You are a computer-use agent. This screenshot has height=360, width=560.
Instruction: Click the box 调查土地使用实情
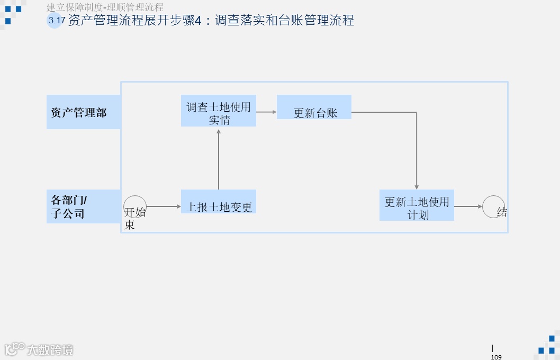(x=218, y=111)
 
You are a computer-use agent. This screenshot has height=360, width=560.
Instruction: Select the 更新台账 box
(x=314, y=107)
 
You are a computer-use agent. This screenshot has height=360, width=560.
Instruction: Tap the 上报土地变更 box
(x=218, y=202)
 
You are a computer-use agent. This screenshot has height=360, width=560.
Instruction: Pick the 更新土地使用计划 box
(x=417, y=205)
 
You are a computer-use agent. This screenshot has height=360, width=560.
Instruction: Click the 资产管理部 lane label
(x=83, y=112)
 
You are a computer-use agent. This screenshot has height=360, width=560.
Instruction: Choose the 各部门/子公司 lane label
(x=83, y=206)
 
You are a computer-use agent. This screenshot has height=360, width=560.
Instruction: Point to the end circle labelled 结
(x=493, y=206)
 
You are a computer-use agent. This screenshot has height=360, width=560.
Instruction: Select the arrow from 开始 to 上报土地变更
(x=164, y=206)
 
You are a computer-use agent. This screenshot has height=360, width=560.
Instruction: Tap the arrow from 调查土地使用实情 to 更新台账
(x=266, y=112)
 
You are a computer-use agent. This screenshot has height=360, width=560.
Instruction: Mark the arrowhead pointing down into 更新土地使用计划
(x=417, y=186)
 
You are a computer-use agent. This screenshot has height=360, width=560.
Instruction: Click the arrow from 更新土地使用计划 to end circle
(x=468, y=206)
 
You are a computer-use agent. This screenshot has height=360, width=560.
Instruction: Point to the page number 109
(x=496, y=357)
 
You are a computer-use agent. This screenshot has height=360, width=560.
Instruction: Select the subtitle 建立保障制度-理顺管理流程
(x=105, y=7)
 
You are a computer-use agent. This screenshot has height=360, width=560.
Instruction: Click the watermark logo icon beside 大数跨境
(x=14, y=348)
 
